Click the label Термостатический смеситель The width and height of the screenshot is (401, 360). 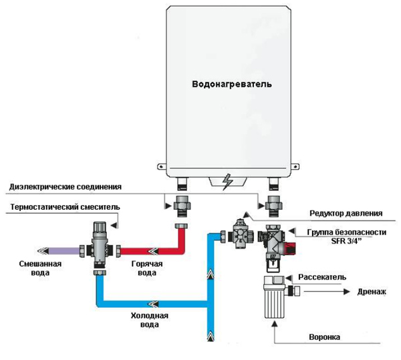point(59,208)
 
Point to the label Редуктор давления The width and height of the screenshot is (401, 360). point(346,214)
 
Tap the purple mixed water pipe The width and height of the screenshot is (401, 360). point(60,251)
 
